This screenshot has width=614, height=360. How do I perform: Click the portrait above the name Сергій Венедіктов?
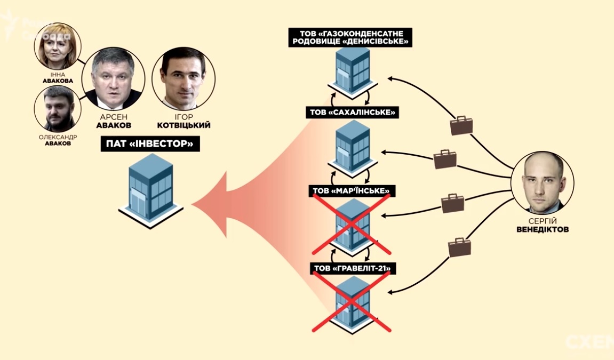(x=542, y=183)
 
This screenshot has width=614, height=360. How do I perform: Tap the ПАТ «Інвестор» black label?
(x=150, y=143)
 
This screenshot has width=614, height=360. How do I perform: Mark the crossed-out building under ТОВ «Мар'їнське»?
(x=352, y=223)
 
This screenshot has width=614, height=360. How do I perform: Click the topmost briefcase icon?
(x=461, y=125)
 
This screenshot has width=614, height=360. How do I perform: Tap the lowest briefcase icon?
(x=459, y=247)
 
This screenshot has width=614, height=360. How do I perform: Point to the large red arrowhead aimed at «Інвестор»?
(x=213, y=204)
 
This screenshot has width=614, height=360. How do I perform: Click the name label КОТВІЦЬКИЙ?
(x=184, y=126)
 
